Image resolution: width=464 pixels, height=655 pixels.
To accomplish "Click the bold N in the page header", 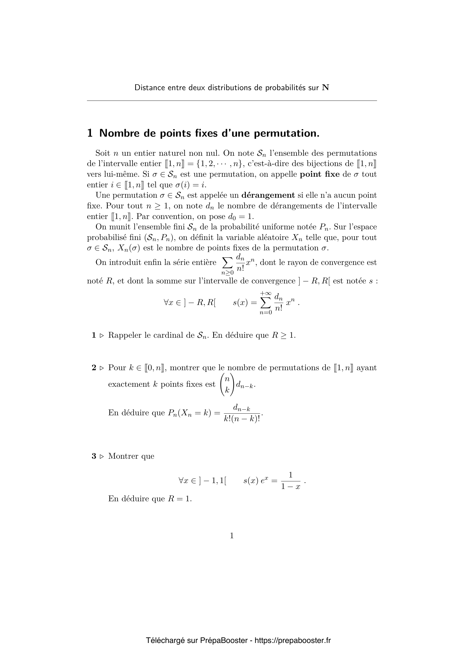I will point(325,88).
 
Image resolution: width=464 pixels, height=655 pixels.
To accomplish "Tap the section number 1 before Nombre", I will point(90,133).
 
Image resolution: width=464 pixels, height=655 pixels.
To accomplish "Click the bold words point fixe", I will point(320,174).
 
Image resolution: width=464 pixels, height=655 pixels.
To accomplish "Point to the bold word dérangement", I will point(268,195).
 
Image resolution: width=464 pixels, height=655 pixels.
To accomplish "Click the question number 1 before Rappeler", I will point(94,335).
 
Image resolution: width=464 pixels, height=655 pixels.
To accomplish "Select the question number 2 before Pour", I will point(94,368).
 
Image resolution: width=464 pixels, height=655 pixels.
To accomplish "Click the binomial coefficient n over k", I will point(227,384).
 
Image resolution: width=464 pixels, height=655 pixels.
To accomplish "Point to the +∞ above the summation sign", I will point(265,293).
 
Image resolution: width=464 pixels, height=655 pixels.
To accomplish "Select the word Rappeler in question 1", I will point(125,335).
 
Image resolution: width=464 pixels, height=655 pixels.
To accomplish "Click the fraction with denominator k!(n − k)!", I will point(242,413).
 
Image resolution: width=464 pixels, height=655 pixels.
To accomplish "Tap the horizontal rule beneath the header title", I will point(232,101).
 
